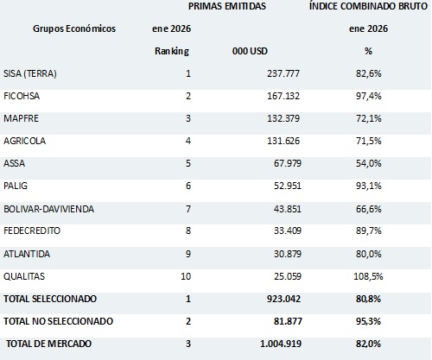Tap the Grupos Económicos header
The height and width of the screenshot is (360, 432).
[73, 28]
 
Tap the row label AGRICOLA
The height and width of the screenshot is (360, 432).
[27, 141]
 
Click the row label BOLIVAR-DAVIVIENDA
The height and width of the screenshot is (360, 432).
[49, 208]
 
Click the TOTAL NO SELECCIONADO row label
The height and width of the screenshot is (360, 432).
[60, 320]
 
